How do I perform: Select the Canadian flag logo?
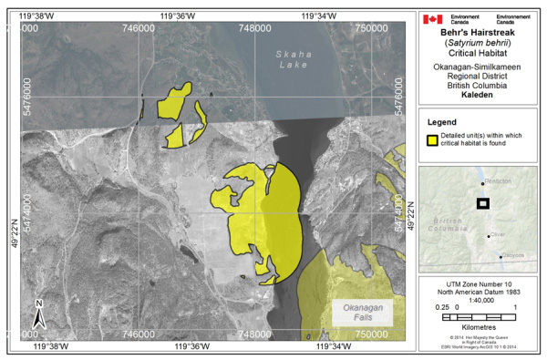click(x=432, y=18)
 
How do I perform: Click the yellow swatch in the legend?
click(x=433, y=139)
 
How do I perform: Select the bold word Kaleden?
click(x=479, y=94)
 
